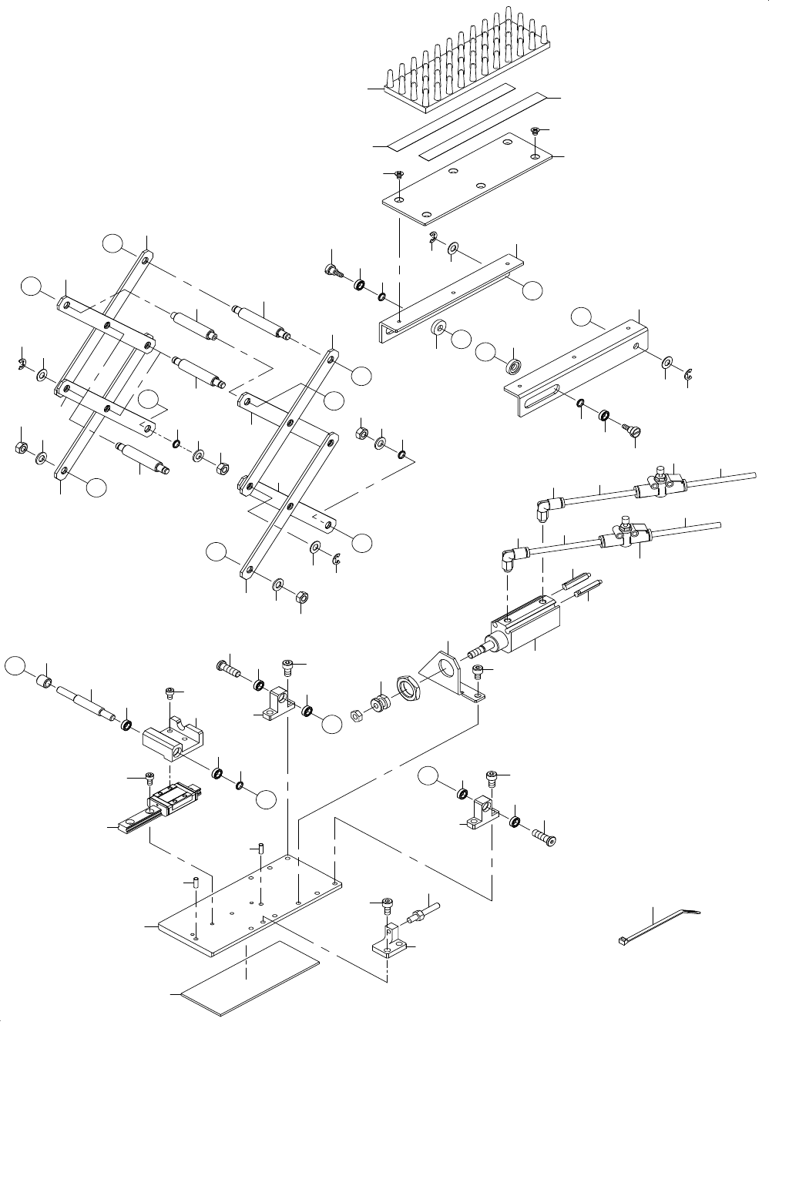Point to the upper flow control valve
(x=660, y=483)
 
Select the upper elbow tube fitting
(x=544, y=507)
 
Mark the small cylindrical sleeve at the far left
(x=45, y=682)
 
